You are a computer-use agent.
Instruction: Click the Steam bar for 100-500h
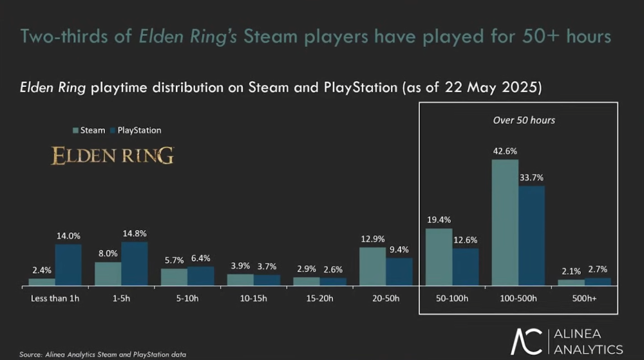coord(505,222)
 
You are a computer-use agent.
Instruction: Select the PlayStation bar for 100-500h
coord(531,236)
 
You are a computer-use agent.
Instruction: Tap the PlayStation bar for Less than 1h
coord(68,265)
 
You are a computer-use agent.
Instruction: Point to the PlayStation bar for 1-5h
coord(134,263)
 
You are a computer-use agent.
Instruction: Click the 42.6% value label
coord(505,151)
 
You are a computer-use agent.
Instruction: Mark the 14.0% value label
coord(68,236)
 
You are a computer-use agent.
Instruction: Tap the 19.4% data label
coord(439,220)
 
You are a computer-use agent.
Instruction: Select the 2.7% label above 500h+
coord(597,269)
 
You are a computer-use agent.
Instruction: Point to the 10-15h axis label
coord(253,299)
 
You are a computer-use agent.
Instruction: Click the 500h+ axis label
coord(583,299)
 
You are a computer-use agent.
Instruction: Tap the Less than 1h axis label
coord(55,299)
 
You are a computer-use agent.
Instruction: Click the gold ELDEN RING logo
coord(112,156)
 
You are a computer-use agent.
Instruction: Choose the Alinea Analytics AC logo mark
coord(527,342)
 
